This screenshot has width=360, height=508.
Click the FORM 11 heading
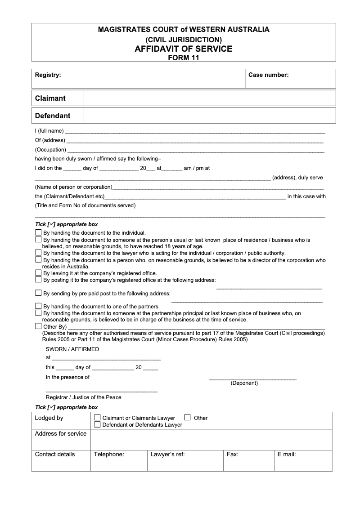point(184,58)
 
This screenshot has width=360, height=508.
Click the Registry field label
point(48,75)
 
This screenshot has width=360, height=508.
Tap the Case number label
point(269,75)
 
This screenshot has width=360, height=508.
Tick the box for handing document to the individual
point(38,233)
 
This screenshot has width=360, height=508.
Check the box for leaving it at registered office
point(38,273)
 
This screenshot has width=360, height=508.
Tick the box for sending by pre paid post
point(38,293)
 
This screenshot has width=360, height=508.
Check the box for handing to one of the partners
point(38,306)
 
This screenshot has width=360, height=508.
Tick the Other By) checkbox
point(38,326)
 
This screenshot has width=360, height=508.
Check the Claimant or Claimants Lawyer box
point(97,418)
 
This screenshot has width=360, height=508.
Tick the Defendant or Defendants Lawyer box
point(97,424)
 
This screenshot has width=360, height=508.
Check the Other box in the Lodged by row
point(188,417)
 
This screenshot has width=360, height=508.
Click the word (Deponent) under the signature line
point(244,383)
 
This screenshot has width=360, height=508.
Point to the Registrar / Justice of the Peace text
point(83,397)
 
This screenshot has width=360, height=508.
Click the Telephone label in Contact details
point(109,455)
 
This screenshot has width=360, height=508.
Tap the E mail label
point(287,455)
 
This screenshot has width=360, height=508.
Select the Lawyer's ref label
point(167,455)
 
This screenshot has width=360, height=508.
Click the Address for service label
point(61,434)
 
